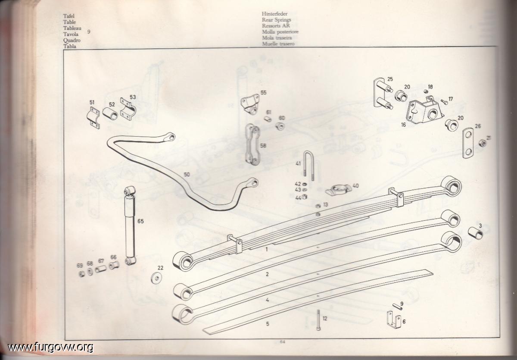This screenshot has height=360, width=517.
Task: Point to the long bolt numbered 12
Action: (318, 320)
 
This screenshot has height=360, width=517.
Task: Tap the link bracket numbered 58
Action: (252, 144)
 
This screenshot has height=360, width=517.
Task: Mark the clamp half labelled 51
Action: (93, 118)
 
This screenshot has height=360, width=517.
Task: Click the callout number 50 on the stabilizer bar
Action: (187, 175)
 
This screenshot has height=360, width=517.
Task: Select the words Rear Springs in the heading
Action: (276, 20)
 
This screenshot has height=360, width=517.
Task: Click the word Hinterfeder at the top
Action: (274, 14)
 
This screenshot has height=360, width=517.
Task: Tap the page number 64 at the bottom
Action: (282, 342)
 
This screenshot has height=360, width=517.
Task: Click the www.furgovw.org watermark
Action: (50, 347)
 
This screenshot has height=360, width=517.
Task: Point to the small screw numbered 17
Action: (444, 101)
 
